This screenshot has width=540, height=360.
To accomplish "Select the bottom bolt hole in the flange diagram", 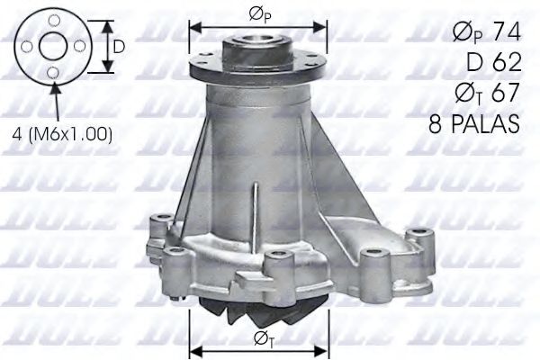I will click(54, 71).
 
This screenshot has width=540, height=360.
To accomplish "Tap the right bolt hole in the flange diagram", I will click(79, 45).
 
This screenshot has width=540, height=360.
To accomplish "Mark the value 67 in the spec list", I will click(500, 95).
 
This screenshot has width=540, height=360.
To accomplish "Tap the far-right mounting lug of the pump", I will click(415, 241).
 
